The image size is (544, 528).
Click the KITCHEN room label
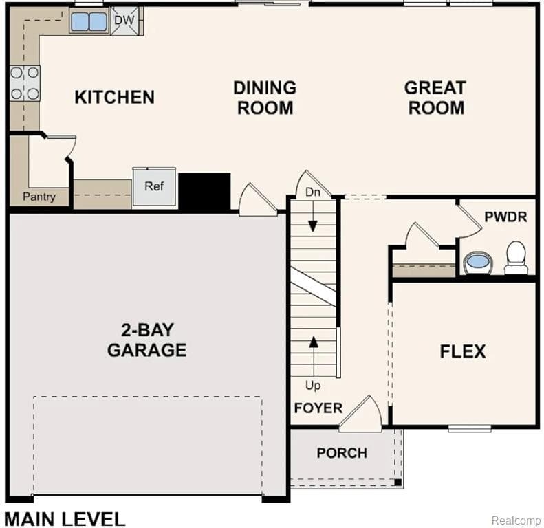coord(114,97)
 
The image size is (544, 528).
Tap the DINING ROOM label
coord(265,98)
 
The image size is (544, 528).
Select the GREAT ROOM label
coord(435,98)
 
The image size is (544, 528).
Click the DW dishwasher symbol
coord(124,20)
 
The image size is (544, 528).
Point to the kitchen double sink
coord(89,22)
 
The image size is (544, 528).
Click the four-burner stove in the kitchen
coord(24,83)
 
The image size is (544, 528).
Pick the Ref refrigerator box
coord(155,187)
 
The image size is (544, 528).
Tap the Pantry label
coord(39,197)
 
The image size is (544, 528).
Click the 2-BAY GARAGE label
coord(146,340)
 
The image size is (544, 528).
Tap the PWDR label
coord(505,217)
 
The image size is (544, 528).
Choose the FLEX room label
coord(462,352)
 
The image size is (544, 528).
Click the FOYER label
coord(318,408)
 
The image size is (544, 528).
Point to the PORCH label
coord(342,453)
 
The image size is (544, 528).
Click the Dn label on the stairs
coord(313,192)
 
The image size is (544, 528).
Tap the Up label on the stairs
coord(313,385)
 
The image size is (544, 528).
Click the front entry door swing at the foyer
coord(362,416)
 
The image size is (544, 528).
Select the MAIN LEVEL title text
coord(65,518)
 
